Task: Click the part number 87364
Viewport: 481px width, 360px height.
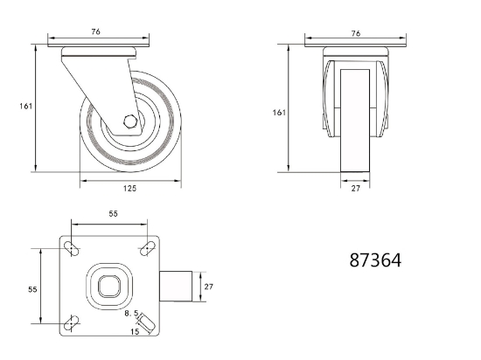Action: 375,260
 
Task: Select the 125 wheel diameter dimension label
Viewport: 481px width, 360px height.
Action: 129,189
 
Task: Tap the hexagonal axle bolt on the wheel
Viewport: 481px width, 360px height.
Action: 130,121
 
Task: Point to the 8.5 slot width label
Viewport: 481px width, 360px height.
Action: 131,314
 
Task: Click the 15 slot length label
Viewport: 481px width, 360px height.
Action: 135,331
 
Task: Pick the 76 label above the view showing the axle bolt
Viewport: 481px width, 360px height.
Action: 95,31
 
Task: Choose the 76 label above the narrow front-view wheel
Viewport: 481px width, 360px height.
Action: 356,33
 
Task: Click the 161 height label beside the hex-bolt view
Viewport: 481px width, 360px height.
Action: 25,107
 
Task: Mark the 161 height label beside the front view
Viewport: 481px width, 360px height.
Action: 279,113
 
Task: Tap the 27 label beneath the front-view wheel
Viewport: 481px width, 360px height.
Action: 355,189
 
